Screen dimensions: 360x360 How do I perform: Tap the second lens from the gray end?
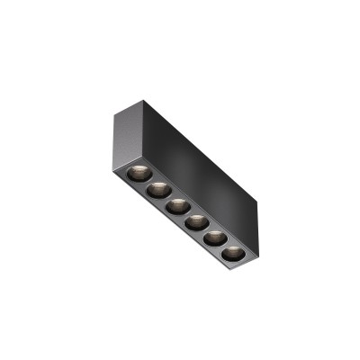[x=157, y=187]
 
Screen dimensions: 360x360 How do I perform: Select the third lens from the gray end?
[x=175, y=204]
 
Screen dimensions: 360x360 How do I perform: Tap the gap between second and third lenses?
[x=166, y=196]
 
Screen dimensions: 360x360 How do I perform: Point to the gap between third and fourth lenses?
[x=185, y=212]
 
